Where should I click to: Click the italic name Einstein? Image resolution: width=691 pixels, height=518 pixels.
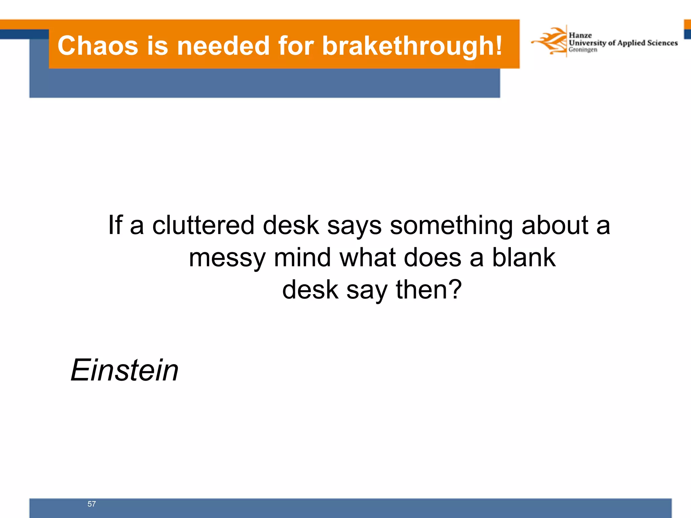[x=125, y=370]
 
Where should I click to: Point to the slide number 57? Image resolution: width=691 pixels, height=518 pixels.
[x=91, y=504]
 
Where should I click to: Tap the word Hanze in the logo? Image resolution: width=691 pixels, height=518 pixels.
[x=580, y=35]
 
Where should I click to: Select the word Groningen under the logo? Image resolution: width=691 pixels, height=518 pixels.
[x=583, y=50]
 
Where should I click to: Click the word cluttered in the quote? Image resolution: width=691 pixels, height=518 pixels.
[x=203, y=225]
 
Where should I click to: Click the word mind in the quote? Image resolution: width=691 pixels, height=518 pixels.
[x=302, y=257]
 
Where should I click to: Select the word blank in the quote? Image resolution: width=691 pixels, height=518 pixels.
[x=523, y=257]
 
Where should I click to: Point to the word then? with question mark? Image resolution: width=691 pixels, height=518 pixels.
[x=429, y=289]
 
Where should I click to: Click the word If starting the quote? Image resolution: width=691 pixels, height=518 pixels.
[x=115, y=225]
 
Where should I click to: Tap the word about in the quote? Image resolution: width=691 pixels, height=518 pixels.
[x=555, y=225]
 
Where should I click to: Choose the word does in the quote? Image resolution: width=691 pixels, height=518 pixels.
[x=432, y=257]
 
